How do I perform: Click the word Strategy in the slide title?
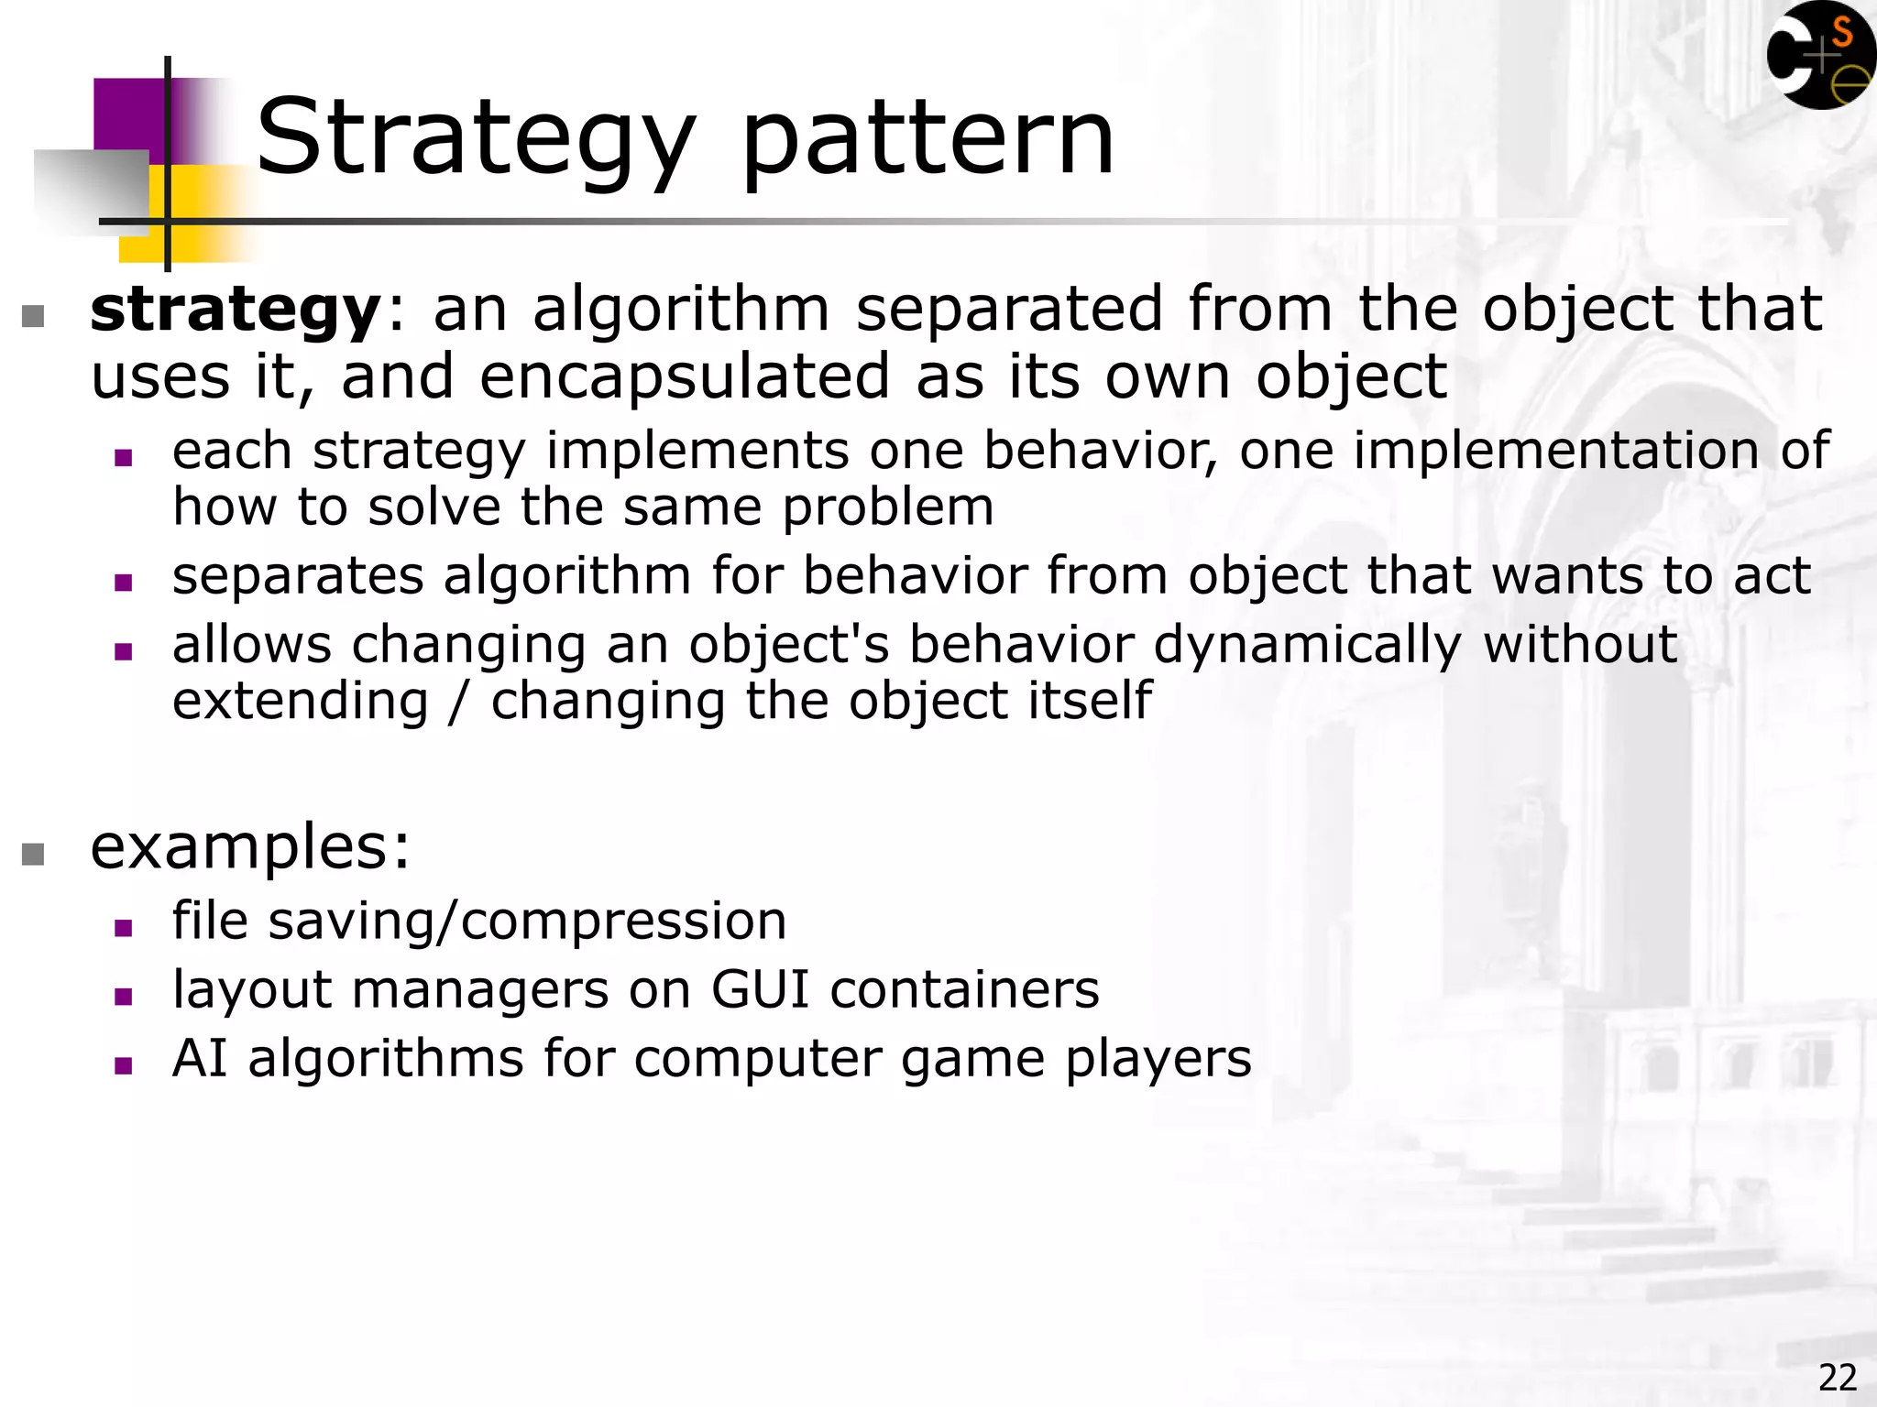476,139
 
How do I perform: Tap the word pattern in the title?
927,139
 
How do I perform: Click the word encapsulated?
685,376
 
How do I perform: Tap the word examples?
241,846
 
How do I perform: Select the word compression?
623,921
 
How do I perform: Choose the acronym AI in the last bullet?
200,1059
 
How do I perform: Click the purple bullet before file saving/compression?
124,928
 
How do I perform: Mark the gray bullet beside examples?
33,854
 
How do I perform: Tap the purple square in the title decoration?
128,115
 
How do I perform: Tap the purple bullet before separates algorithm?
124,583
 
